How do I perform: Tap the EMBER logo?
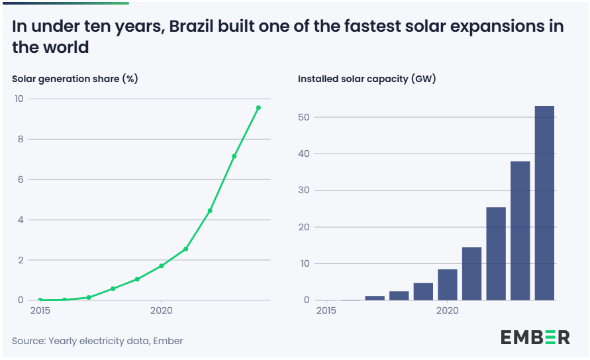[534, 337]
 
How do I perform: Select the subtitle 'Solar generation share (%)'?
[75, 79]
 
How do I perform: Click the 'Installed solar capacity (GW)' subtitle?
[367, 79]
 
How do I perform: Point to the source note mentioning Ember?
[97, 341]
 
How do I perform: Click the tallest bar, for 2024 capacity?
[544, 202]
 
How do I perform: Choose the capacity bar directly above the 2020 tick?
[448, 285]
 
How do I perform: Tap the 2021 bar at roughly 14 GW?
[471, 273]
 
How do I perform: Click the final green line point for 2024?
[258, 108]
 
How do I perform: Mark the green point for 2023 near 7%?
[234, 156]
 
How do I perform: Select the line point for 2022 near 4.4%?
[210, 210]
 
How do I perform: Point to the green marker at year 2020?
[162, 266]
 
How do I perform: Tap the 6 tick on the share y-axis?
[21, 179]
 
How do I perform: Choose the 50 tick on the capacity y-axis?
[304, 117]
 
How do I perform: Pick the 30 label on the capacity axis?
[304, 191]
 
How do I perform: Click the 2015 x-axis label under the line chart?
[40, 310]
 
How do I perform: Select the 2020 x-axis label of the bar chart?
[448, 310]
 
